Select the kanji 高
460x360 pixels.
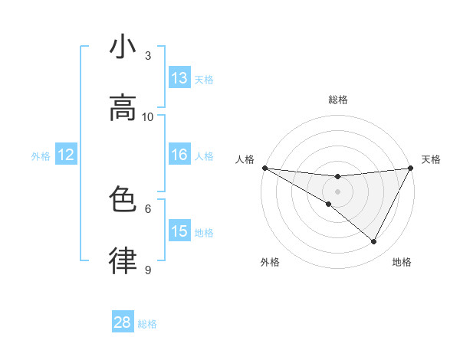(123, 108)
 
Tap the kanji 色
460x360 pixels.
(123, 200)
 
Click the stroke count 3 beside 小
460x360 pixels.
(148, 55)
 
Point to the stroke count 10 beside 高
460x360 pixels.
(148, 116)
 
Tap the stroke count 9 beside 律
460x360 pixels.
(148, 270)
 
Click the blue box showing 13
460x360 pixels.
(179, 78)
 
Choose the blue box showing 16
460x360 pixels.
(179, 155)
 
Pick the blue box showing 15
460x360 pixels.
(179, 231)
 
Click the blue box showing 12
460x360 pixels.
(66, 155)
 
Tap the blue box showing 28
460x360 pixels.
(123, 322)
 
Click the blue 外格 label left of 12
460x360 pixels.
(41, 156)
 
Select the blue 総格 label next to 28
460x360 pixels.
(147, 324)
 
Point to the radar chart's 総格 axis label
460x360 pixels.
(337, 100)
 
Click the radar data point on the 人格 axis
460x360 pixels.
(264, 168)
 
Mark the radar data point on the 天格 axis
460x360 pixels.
(410, 168)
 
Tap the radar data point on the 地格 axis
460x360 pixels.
(374, 241)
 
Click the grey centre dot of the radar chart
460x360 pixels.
(337, 191)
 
